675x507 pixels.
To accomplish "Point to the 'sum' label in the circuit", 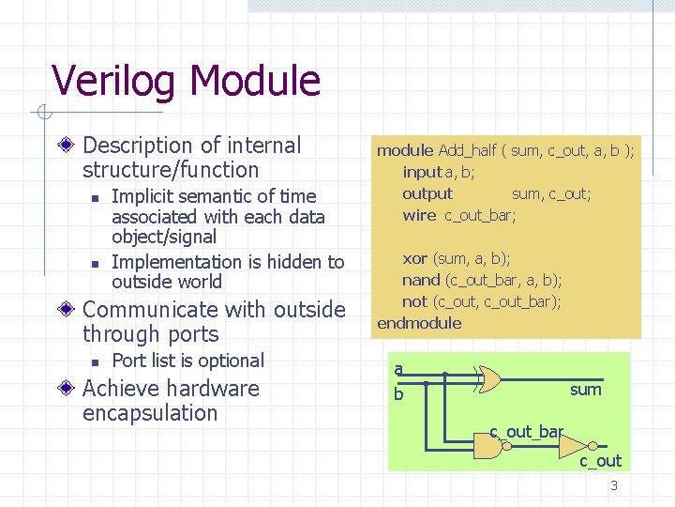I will coord(585,390).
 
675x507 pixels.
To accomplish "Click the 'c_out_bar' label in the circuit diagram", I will coord(526,431).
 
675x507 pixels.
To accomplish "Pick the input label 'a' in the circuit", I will coord(398,370).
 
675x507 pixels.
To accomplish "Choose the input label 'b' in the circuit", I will coord(398,394).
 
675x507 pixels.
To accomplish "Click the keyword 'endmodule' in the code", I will coord(419,323).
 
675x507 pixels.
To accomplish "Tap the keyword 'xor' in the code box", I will coord(415,258).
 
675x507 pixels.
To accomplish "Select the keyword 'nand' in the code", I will coord(421,280).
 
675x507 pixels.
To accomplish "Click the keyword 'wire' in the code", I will coord(419,215).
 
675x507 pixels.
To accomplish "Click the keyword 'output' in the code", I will coord(427,193).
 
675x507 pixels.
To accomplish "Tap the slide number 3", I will coord(614,485).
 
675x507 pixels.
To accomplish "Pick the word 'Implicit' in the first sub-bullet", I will coord(141,196).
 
